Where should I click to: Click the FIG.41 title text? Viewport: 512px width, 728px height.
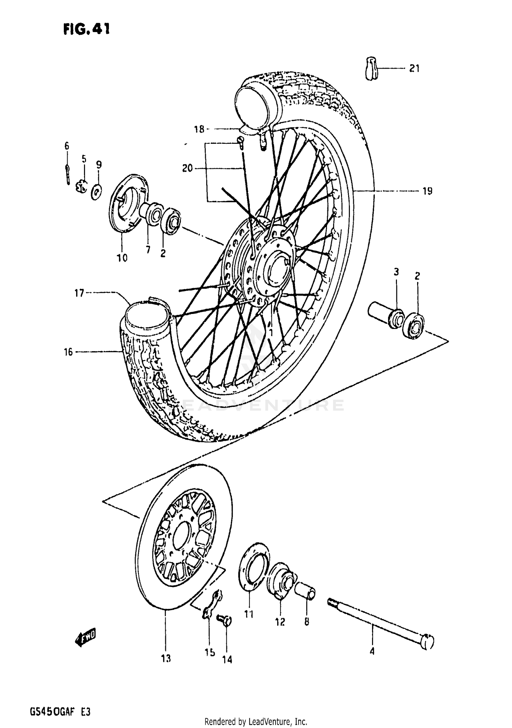(86, 29)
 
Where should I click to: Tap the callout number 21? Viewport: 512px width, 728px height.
(414, 69)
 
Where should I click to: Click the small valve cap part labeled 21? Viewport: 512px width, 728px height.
(371, 69)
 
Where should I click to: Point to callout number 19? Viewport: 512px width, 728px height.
(427, 191)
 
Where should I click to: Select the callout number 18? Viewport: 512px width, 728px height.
(199, 129)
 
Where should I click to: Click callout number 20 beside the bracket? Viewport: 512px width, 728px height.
(187, 168)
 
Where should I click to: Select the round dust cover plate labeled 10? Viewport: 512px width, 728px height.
(128, 203)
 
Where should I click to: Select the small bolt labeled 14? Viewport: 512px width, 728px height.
(225, 619)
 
